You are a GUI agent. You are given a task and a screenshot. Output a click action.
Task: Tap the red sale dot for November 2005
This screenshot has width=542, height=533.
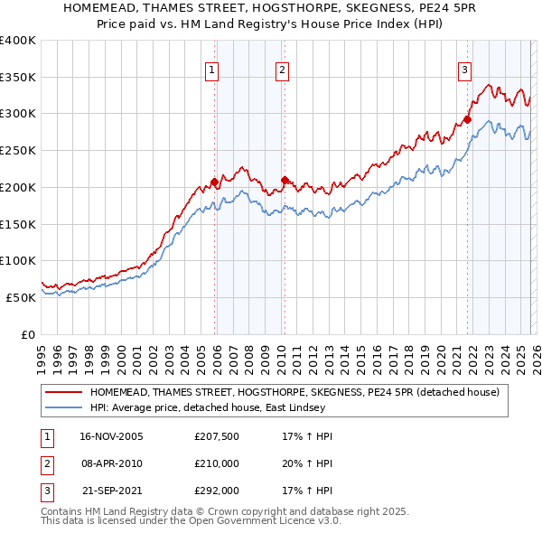click(x=214, y=182)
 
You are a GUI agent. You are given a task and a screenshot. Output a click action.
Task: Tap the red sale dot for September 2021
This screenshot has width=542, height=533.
click(x=468, y=118)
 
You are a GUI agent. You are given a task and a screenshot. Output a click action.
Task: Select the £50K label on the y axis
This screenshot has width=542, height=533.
click(x=21, y=297)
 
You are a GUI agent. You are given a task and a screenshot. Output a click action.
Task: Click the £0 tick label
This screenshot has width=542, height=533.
click(x=29, y=334)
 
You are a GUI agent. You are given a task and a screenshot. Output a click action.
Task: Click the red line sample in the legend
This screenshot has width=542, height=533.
click(x=63, y=392)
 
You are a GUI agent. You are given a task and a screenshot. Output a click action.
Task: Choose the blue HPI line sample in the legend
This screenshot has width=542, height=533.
click(x=63, y=408)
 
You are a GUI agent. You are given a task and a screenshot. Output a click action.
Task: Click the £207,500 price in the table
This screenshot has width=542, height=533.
click(x=217, y=436)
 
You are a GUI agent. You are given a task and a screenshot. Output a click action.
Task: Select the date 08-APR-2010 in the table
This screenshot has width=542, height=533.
click(x=112, y=463)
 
